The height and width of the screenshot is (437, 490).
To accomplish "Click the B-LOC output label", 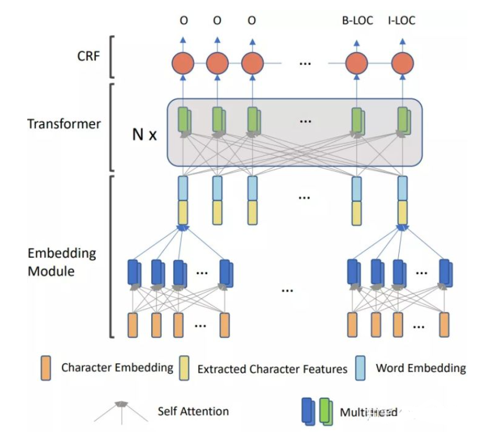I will point(356,21).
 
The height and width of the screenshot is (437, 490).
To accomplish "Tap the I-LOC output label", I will point(401,21).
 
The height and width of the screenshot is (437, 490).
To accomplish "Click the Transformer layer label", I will point(64,123).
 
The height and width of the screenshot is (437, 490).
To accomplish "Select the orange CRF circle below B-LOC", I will point(356,63).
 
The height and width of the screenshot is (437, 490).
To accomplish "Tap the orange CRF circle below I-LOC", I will point(402,63).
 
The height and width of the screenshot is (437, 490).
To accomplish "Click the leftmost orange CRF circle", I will point(183,63).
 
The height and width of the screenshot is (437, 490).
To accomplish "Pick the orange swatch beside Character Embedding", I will point(46,368).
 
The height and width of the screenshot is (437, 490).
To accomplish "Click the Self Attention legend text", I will point(193,411).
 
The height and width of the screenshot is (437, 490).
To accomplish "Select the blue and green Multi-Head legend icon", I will point(318,410).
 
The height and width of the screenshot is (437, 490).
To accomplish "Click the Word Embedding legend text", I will point(420,367).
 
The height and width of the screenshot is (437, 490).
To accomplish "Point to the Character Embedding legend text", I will point(117,367).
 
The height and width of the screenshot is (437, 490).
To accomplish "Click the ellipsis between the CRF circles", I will point(305,63).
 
